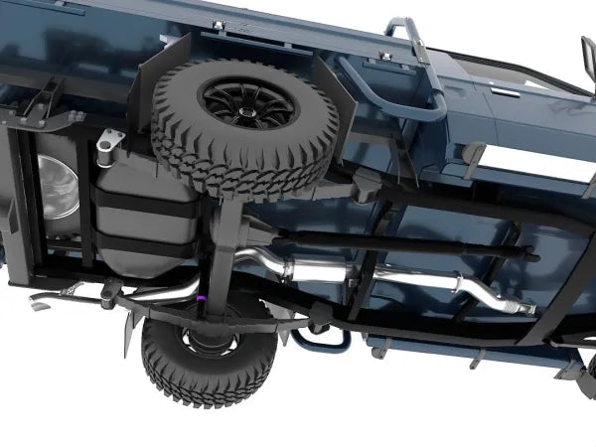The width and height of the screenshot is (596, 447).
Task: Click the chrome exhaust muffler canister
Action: point(318,270)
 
